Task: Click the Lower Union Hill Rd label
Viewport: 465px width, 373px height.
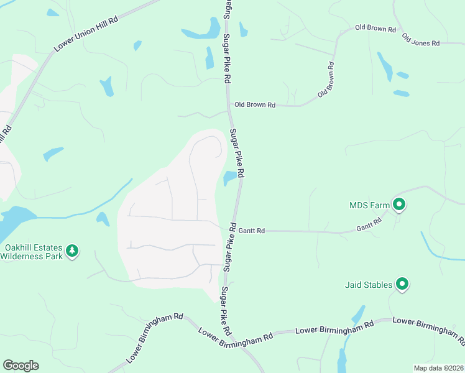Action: coord(86,34)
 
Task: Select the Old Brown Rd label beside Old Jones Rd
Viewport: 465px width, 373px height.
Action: coord(375,29)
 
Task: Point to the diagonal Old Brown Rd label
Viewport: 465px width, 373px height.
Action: coord(326,79)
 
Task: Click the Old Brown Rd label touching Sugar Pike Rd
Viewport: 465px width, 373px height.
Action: coord(254,105)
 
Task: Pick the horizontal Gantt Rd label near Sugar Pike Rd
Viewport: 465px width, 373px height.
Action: coord(252,231)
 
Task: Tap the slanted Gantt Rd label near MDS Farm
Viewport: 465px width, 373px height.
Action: coord(369,225)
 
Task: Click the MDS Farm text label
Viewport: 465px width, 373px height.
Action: coord(369,205)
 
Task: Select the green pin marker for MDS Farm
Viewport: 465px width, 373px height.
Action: coord(399,203)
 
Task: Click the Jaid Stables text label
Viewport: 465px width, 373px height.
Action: coord(369,285)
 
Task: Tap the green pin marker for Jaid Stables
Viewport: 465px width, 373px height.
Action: coord(402,284)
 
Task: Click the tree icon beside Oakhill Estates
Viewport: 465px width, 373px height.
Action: coord(73,251)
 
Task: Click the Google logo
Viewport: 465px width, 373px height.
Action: coord(21,366)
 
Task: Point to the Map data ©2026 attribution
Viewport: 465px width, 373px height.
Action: coord(438,368)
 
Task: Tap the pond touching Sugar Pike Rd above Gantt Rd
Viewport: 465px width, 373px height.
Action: coord(229,178)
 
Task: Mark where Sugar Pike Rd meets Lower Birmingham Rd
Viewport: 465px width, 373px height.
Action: coord(231,336)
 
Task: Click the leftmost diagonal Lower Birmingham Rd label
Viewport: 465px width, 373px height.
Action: coord(155,338)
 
